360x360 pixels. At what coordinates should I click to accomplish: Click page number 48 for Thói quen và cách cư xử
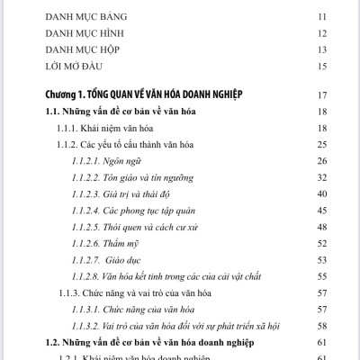click(321, 225)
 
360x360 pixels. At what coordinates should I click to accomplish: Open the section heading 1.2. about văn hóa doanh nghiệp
click(149, 343)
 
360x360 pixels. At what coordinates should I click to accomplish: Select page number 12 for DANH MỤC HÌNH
click(321, 32)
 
